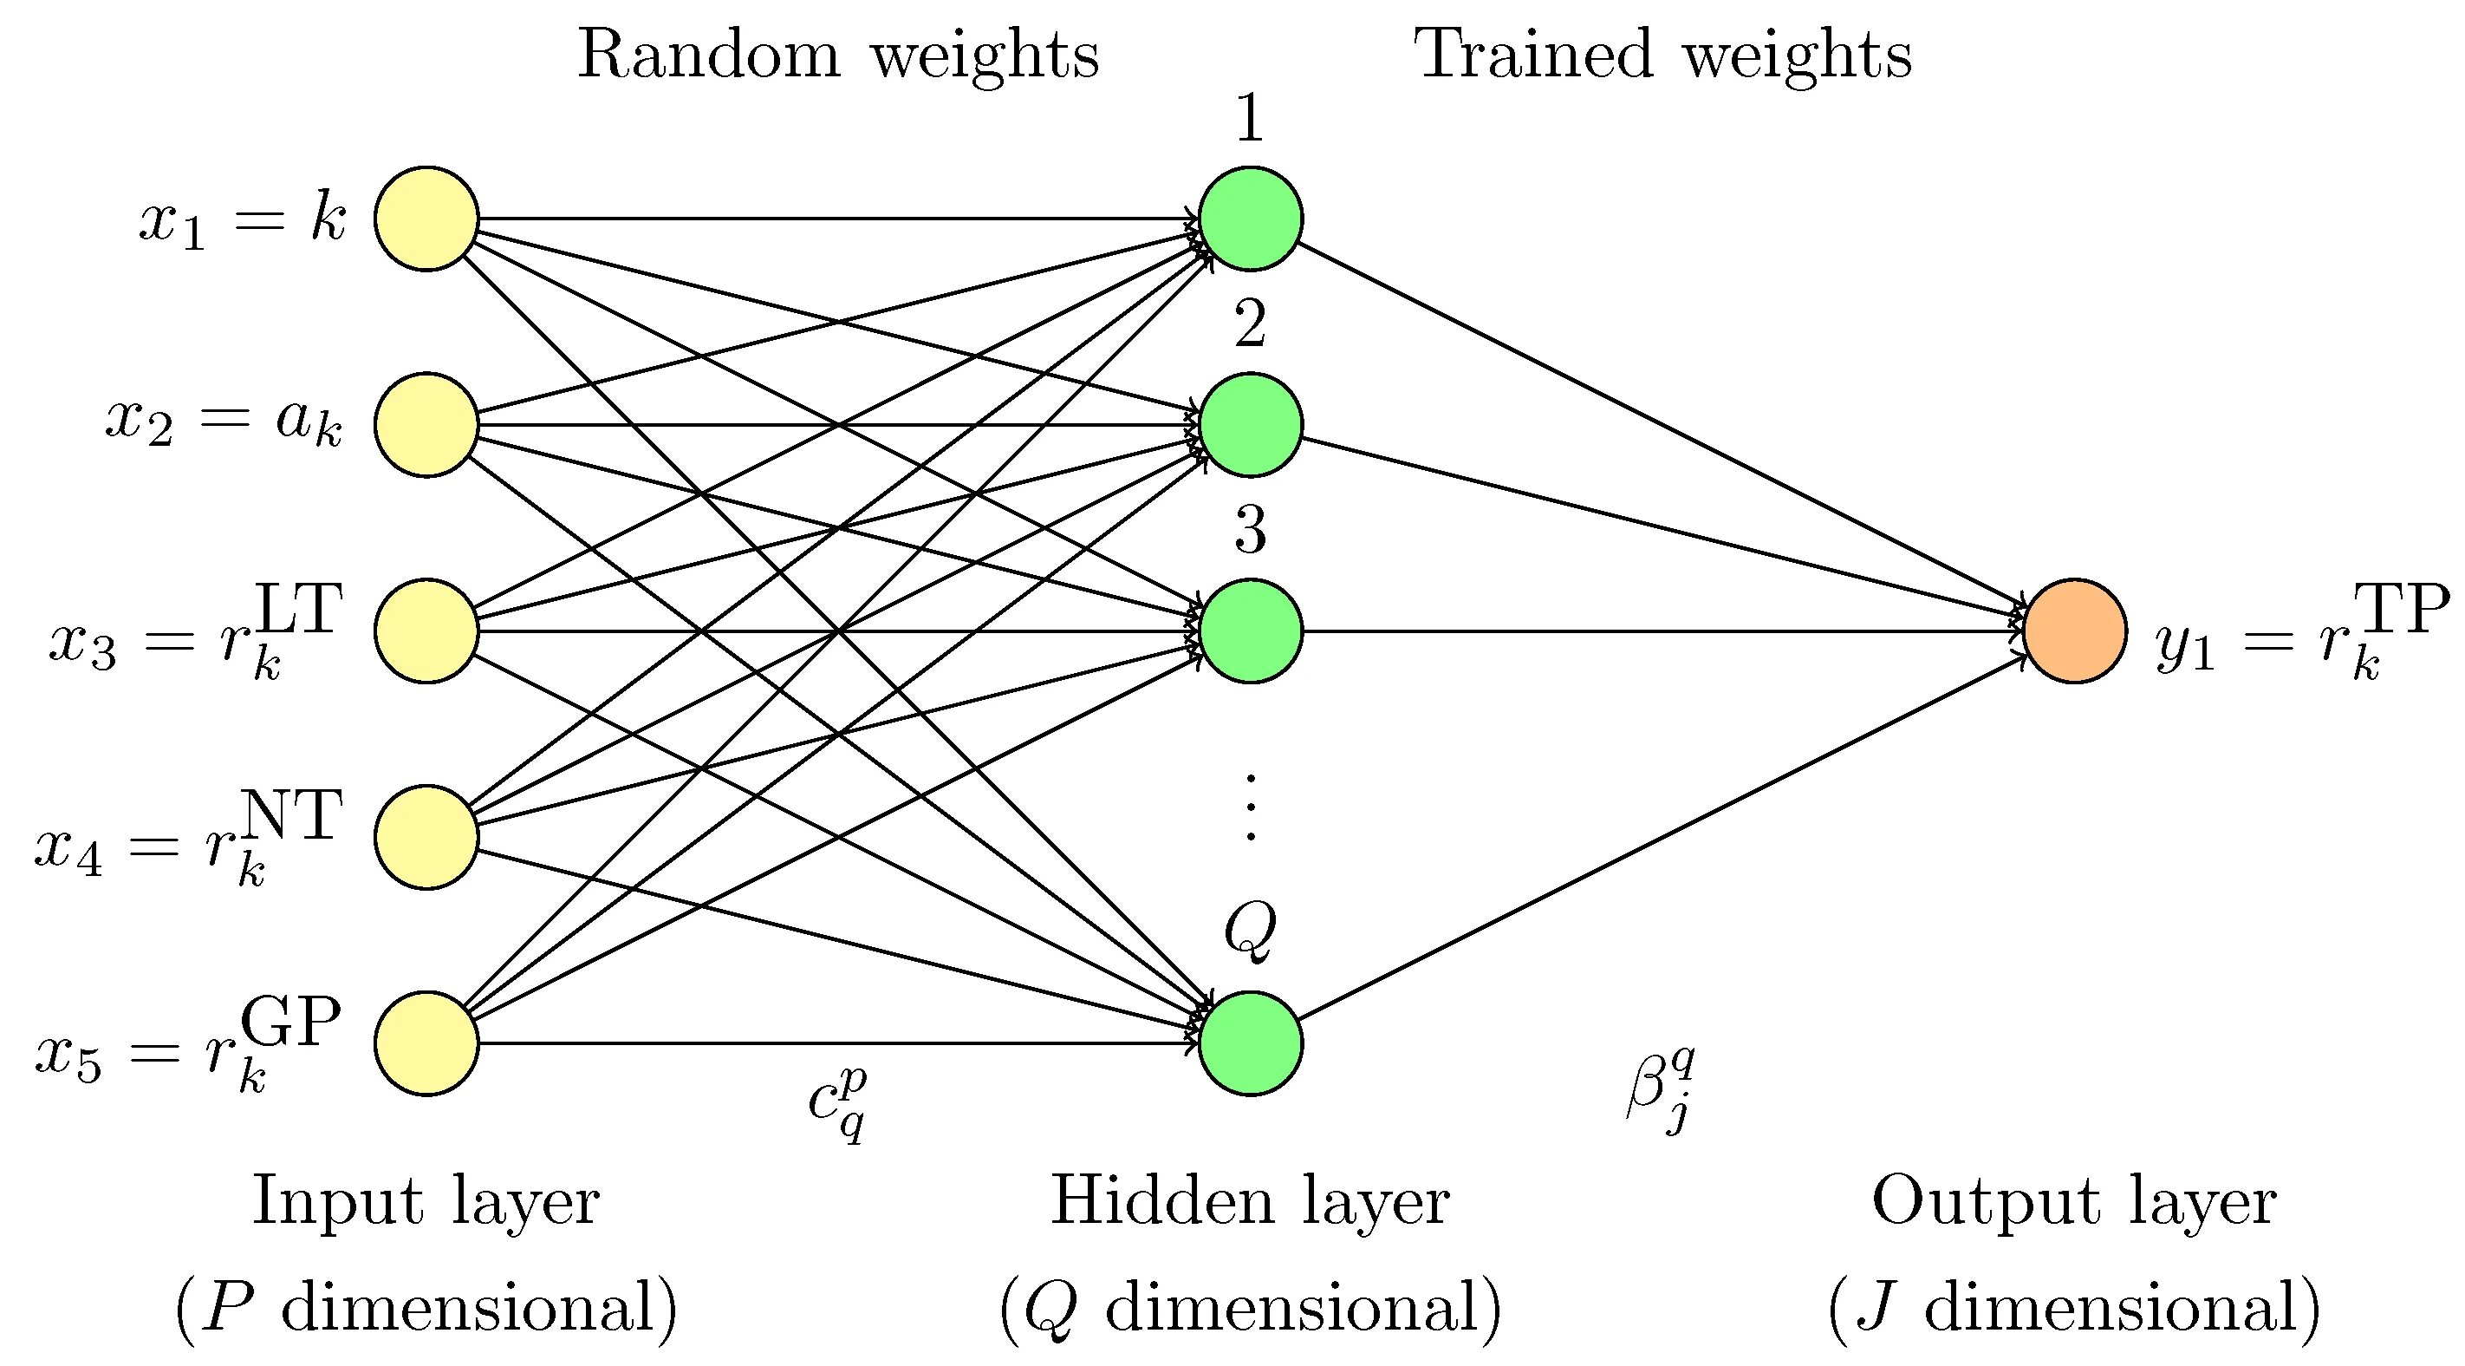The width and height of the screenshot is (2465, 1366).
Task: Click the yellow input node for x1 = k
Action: [426, 219]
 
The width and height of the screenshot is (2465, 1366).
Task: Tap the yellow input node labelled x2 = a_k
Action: [426, 424]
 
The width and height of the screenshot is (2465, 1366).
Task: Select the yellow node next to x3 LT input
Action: [426, 631]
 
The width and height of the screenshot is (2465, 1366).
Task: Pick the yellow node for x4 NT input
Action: [426, 837]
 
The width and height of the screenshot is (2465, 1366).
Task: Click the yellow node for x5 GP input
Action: [426, 1042]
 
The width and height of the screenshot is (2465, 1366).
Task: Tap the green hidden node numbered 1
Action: [1250, 219]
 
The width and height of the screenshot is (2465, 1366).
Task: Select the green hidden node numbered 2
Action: [1250, 424]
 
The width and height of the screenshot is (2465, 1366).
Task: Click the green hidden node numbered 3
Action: [1250, 631]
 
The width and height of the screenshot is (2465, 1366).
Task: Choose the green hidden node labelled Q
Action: [1250, 1042]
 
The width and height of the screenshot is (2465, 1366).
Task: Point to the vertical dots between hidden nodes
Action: [1250, 806]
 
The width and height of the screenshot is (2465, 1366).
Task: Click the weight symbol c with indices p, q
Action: [837, 1102]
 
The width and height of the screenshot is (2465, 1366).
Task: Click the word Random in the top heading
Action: [708, 55]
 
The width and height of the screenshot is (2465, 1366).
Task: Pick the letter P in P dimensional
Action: [229, 1305]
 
